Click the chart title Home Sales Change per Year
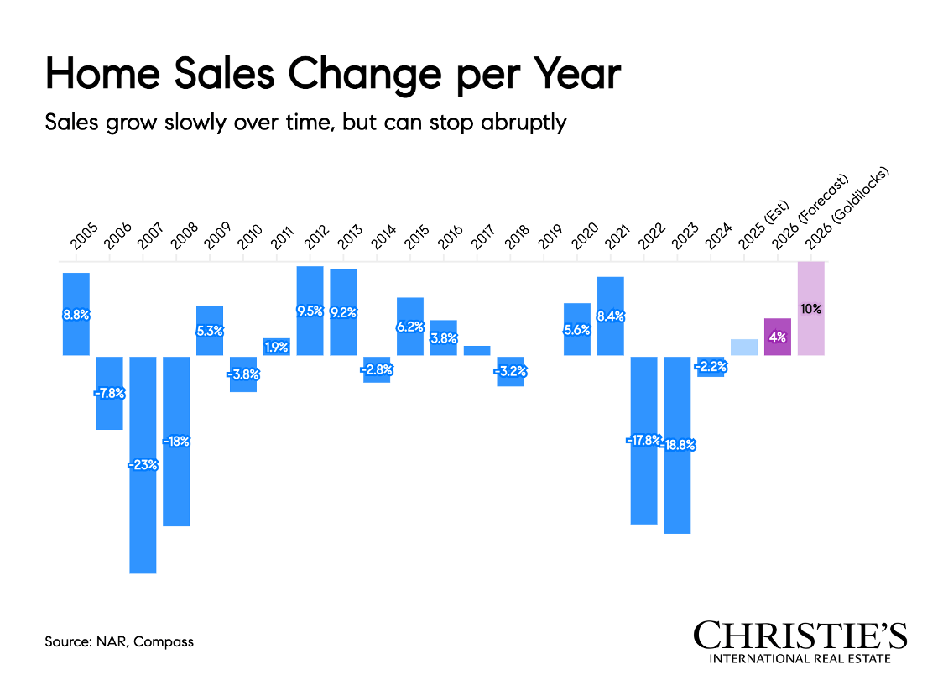click(332, 75)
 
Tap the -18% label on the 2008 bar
click(176, 442)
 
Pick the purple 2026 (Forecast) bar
click(778, 337)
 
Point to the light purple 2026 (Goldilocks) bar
click(811, 308)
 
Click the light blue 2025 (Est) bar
click(744, 347)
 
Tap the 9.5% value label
click(310, 311)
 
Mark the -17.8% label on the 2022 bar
click(643, 440)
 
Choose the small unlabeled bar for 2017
click(477, 351)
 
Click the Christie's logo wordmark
click(800, 636)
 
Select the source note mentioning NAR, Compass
click(119, 642)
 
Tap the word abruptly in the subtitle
click(526, 122)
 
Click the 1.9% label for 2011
click(277, 345)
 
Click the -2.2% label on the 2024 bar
click(711, 365)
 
